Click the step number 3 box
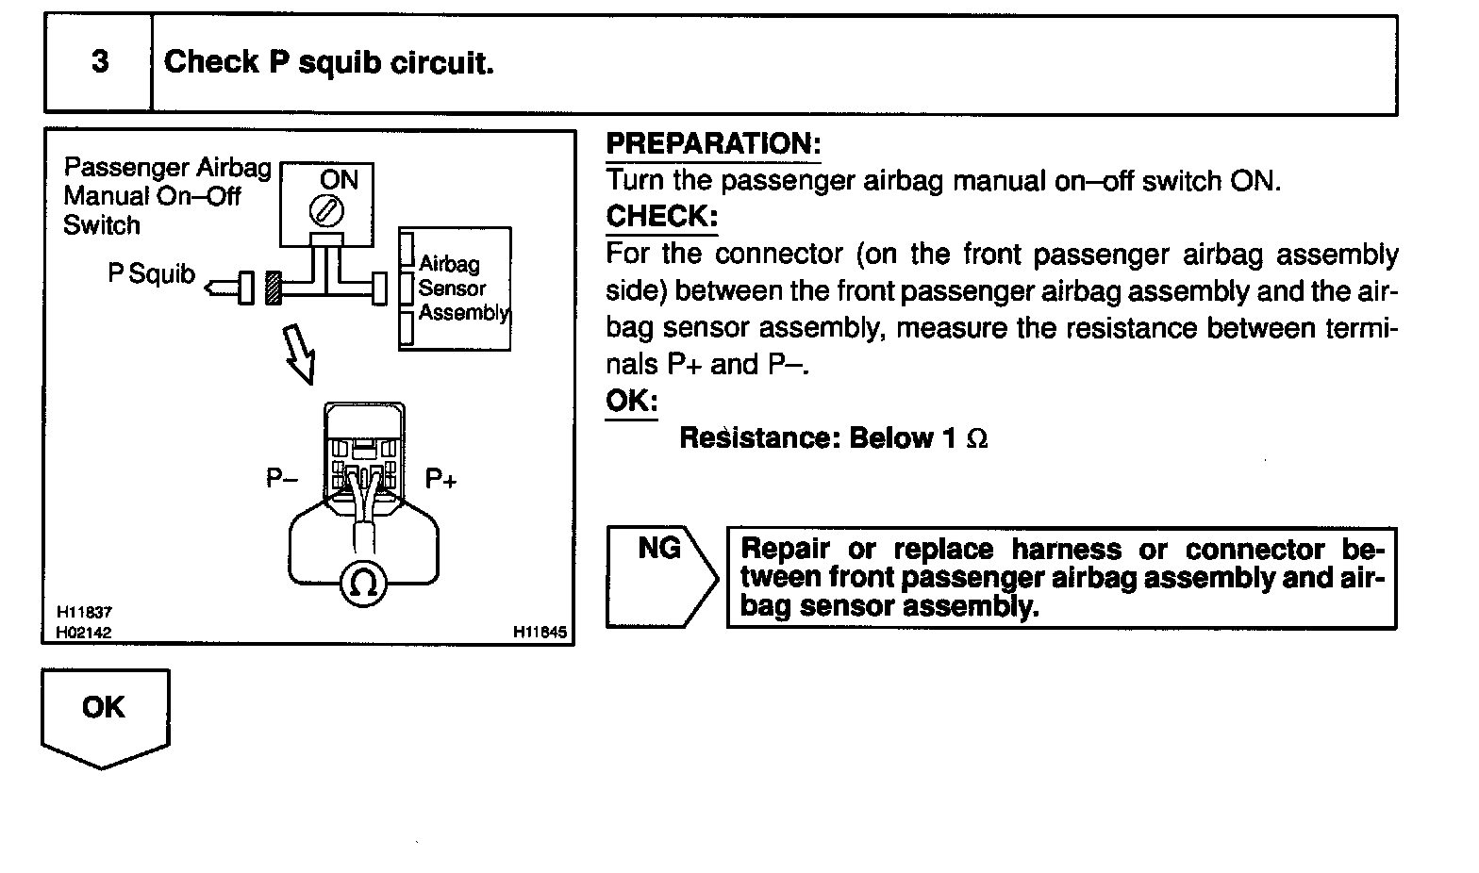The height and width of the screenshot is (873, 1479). point(99,63)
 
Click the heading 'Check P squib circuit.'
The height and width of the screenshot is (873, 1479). point(329,63)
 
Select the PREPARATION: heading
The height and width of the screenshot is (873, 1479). point(713,144)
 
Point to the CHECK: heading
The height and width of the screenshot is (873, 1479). point(661,217)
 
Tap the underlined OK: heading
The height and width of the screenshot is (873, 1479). point(631,401)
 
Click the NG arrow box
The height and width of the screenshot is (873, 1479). point(661,577)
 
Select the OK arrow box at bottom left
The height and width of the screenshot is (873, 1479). point(105,715)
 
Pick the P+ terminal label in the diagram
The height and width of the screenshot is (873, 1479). point(440,479)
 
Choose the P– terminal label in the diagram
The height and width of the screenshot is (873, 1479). point(282,479)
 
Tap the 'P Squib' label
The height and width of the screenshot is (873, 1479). point(151,274)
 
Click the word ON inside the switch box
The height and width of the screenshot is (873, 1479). point(339,179)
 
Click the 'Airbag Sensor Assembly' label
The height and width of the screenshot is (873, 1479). point(462,288)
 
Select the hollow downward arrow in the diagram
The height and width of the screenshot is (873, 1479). point(300,353)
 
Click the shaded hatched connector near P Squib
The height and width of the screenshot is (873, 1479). point(274,287)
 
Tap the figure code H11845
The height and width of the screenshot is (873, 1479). point(540,633)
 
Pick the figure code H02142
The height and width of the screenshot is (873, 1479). point(84,633)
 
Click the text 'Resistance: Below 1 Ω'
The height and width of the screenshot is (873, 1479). point(834,438)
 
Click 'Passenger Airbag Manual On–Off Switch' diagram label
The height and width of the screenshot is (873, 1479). point(166,196)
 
